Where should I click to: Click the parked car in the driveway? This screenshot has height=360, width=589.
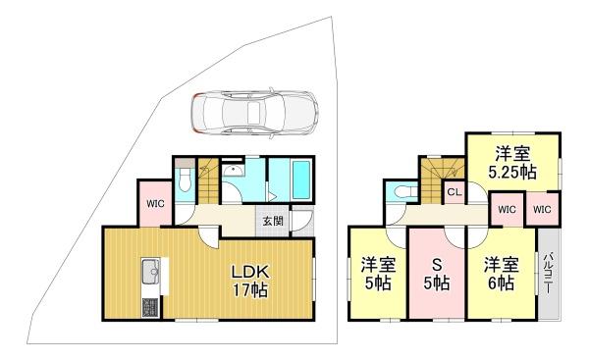pyautogui.click(x=254, y=112)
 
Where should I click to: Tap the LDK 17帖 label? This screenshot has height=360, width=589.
pyautogui.click(x=249, y=281)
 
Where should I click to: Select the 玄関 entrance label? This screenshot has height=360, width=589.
pyautogui.click(x=273, y=221)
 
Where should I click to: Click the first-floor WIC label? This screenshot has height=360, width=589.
pyautogui.click(x=155, y=204)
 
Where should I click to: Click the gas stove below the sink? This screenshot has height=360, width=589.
pyautogui.click(x=150, y=307)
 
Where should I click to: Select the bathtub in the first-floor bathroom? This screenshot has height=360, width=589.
pyautogui.click(x=301, y=180)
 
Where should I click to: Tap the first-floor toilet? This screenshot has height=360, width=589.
pyautogui.click(x=185, y=180)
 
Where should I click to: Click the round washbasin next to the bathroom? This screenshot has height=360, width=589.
pyautogui.click(x=233, y=171)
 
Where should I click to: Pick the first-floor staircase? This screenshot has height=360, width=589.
pyautogui.click(x=208, y=181)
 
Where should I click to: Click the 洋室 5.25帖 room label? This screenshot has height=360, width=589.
pyautogui.click(x=512, y=163)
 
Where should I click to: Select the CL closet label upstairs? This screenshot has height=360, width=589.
pyautogui.click(x=455, y=192)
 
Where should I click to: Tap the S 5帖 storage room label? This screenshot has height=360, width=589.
pyautogui.click(x=437, y=275)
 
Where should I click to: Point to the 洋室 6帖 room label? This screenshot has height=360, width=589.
pyautogui.click(x=501, y=274)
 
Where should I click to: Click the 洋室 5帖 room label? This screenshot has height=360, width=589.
pyautogui.click(x=378, y=274)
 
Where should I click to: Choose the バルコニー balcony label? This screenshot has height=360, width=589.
pyautogui.click(x=548, y=274)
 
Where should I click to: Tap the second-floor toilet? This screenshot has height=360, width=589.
pyautogui.click(x=402, y=192)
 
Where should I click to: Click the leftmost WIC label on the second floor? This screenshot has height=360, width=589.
pyautogui.click(x=508, y=210)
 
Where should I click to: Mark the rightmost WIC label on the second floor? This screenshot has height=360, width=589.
pyautogui.click(x=542, y=210)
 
